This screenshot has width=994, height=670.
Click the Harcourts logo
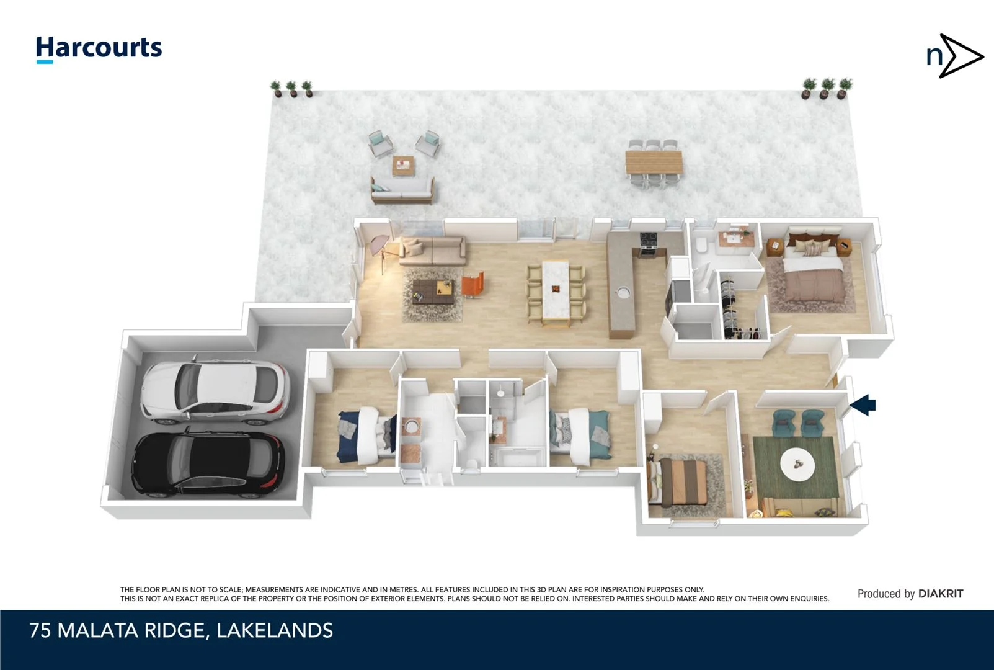click(99, 48)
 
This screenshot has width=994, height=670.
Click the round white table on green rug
click(796, 463)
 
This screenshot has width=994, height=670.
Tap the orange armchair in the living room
click(472, 285)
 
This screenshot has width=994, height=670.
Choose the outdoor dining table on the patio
click(654, 162)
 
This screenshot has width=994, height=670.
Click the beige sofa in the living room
click(433, 250)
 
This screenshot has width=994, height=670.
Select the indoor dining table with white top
click(556, 291)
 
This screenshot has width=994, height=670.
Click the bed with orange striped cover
click(683, 481)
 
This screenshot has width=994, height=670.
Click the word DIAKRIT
click(941, 594)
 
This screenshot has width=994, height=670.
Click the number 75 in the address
click(40, 631)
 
